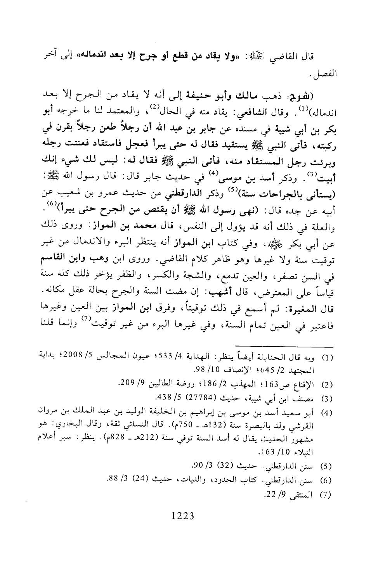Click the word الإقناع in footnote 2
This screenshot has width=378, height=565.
click(x=305, y=385)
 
